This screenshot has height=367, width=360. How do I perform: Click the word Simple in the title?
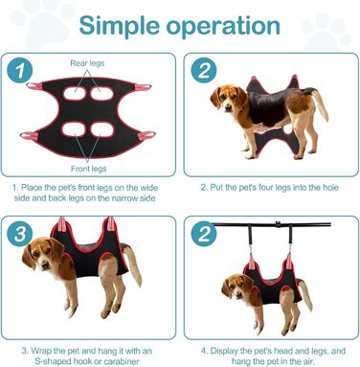coord(120,26)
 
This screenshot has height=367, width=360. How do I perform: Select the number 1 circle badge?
coord(20,70)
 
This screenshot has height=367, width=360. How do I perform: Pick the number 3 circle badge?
coord(20,234)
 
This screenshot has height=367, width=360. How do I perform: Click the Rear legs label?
coord(87,63)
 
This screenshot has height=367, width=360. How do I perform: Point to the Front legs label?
coord(88,169)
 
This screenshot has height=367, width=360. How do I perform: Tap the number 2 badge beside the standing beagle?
coord(204,70)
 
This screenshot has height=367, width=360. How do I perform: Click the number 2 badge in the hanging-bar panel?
coord(204,234)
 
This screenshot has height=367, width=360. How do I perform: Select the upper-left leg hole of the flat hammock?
coord(75,94)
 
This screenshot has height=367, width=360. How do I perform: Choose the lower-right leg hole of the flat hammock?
coord(102,129)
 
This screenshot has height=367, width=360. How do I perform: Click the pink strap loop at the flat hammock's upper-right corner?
coord(143,87)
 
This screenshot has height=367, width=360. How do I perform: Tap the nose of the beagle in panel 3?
coord(45,264)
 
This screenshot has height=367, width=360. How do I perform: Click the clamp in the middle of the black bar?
coord(279,224)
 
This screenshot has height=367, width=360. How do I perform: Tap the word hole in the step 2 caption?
coord(330,187)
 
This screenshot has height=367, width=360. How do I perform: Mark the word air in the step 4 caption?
coord(308,361)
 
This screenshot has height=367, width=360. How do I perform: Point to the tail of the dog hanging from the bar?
coord(305,294)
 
